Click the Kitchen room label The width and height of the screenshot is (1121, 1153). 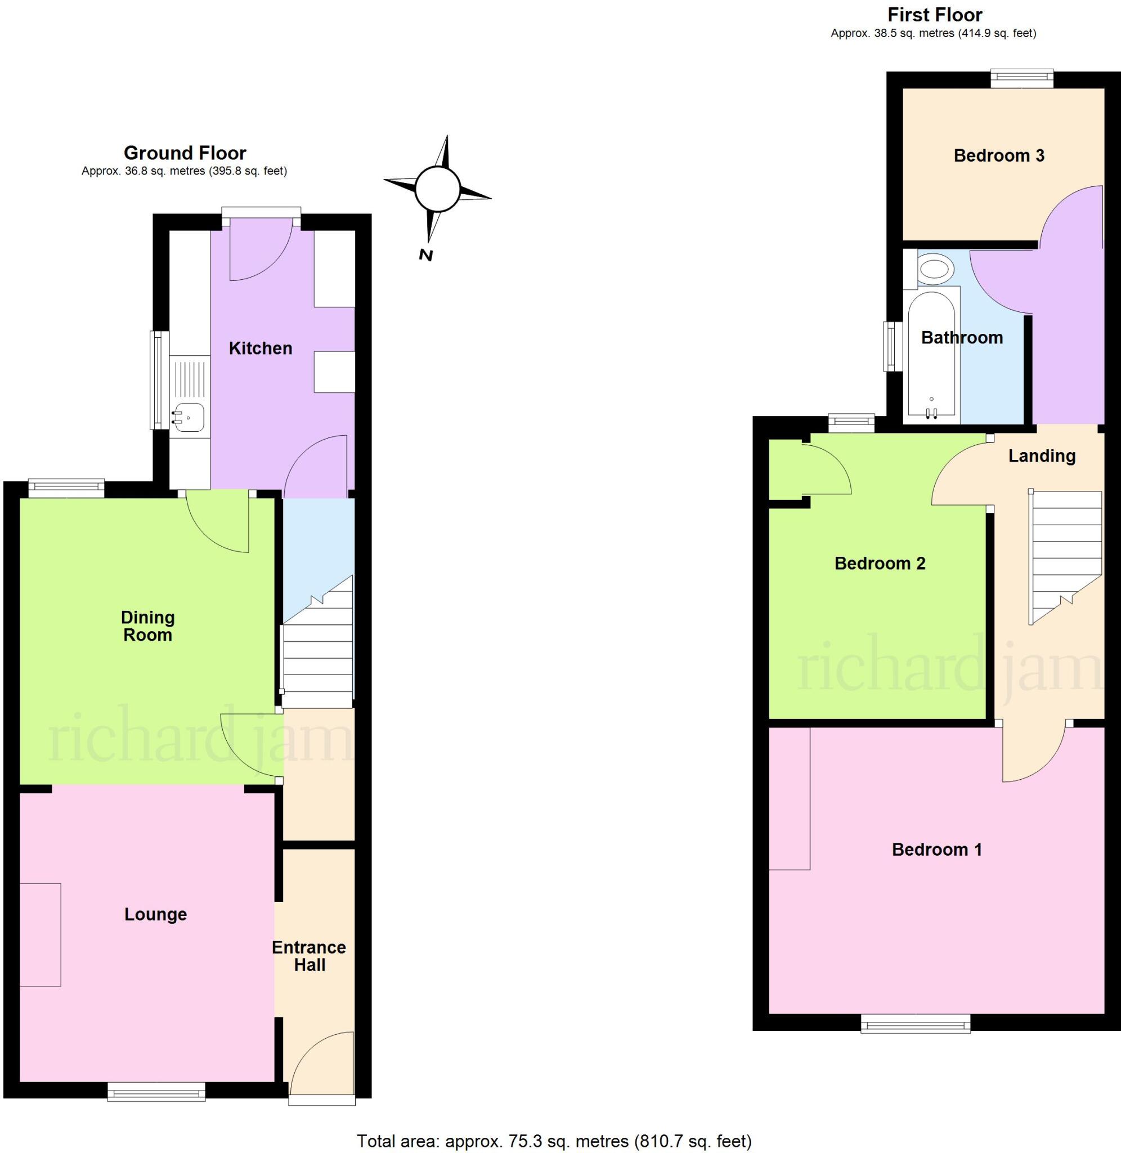(x=260, y=348)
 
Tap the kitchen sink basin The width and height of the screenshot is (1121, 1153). (x=190, y=418)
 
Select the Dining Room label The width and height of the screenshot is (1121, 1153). (x=148, y=626)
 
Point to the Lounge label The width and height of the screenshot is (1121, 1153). (x=155, y=914)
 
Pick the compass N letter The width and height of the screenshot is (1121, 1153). (x=426, y=255)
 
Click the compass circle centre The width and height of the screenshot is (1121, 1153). (x=437, y=189)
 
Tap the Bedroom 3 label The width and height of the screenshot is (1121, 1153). (x=998, y=155)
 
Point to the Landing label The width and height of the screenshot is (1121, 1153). (x=1042, y=456)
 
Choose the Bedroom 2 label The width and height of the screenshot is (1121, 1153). (x=880, y=564)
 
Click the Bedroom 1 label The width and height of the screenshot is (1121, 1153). (x=937, y=849)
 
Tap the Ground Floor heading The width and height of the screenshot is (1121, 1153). (x=185, y=153)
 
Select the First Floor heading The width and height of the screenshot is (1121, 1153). (x=935, y=15)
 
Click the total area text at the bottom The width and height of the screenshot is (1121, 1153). (x=554, y=1141)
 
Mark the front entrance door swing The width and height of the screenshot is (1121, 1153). (x=321, y=1062)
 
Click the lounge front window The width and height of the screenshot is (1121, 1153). (x=156, y=1092)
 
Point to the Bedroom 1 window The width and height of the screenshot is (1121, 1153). (x=916, y=1024)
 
